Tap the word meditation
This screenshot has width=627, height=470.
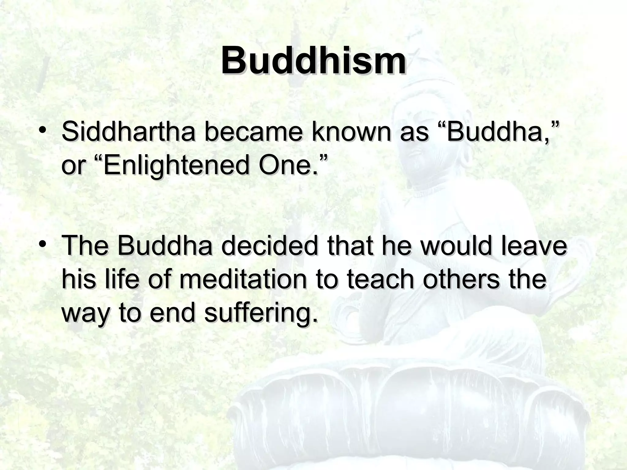(x=243, y=280)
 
